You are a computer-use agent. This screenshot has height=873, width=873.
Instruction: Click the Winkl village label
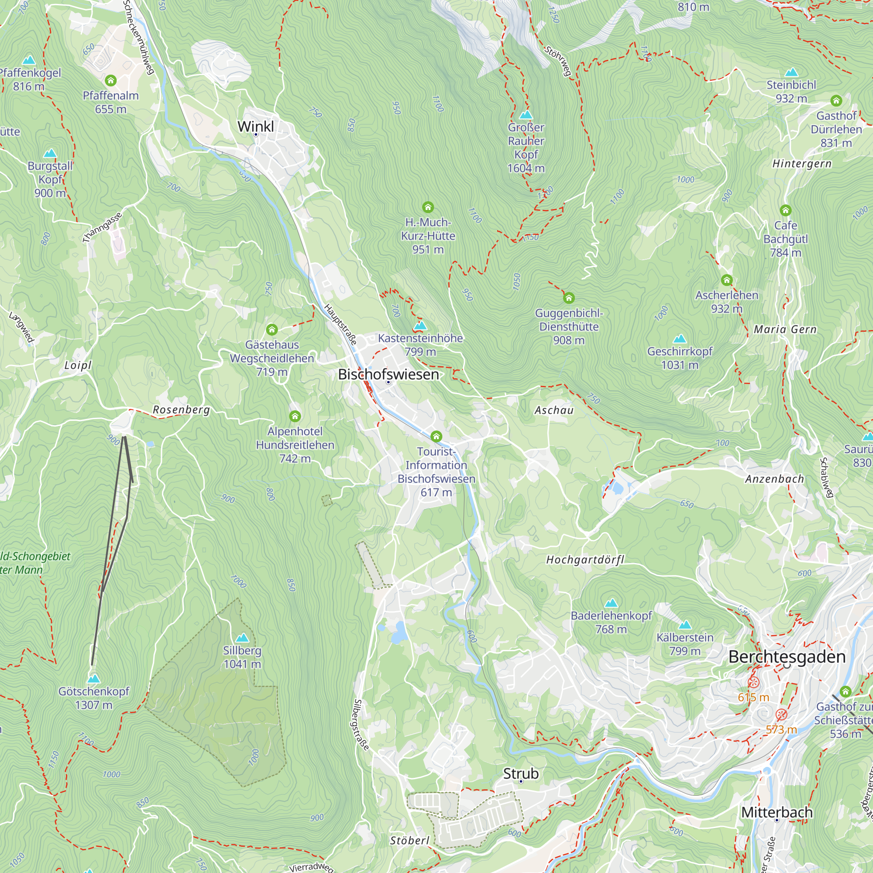(x=255, y=127)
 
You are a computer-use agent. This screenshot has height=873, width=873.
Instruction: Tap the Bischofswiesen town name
(x=388, y=375)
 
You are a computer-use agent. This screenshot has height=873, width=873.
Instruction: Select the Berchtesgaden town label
(x=787, y=656)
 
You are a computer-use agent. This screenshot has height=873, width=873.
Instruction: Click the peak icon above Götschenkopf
(x=93, y=679)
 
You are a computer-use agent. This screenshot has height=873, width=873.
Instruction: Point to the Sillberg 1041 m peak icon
(x=242, y=638)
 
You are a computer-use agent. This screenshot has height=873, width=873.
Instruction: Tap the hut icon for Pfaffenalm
(x=111, y=81)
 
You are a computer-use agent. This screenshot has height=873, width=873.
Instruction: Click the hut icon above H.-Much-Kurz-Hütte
(x=427, y=207)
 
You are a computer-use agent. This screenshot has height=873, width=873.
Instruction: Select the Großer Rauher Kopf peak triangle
(x=526, y=115)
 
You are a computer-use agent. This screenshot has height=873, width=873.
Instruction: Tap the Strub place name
(x=521, y=773)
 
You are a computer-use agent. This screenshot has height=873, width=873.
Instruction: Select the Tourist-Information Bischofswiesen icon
(x=436, y=436)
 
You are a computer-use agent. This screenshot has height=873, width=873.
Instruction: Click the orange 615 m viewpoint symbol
(x=753, y=682)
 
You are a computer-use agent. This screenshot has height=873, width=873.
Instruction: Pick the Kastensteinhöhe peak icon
(x=420, y=325)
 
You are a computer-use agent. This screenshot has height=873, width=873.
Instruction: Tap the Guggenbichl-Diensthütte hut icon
(x=569, y=298)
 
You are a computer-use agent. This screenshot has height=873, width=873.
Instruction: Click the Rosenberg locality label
(x=181, y=410)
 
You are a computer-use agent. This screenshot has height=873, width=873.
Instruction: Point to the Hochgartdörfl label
(x=585, y=560)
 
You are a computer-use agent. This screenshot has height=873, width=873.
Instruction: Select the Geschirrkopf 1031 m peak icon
(x=680, y=339)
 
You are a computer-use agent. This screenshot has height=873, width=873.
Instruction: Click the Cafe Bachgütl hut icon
(x=785, y=210)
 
